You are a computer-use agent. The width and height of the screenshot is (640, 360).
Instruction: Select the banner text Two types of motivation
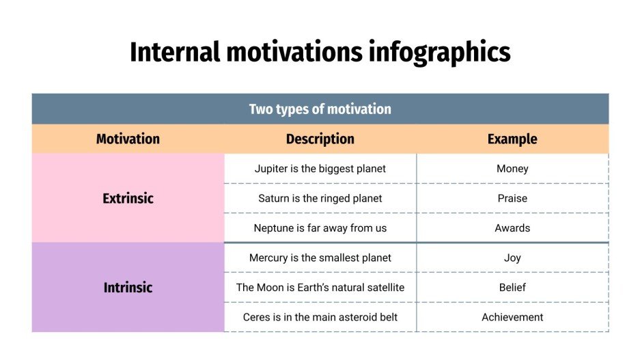(x=320, y=109)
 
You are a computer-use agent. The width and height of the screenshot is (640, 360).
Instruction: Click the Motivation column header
(x=128, y=139)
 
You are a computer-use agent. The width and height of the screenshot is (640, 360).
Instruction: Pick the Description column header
(x=320, y=139)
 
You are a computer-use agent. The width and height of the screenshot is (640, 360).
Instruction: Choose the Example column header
(x=512, y=139)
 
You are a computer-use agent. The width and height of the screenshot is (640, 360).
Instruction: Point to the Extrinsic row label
(x=128, y=199)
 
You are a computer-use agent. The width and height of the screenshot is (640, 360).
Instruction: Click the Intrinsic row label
(x=128, y=288)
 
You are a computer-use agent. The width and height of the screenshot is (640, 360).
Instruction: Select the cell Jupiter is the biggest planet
(x=320, y=169)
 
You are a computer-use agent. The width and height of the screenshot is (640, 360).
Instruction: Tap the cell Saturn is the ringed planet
(x=320, y=199)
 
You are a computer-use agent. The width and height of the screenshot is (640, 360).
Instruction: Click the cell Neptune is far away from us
(x=320, y=228)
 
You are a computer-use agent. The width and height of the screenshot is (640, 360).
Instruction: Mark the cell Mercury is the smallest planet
(x=320, y=258)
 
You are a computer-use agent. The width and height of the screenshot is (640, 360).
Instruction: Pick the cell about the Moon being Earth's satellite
(x=320, y=288)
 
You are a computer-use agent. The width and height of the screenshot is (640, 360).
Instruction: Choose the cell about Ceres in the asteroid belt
(x=320, y=317)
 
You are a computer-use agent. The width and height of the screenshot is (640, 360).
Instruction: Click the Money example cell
(x=512, y=169)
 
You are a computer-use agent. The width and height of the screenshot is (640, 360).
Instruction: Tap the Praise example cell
(x=512, y=199)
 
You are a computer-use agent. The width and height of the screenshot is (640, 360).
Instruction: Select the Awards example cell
(x=512, y=228)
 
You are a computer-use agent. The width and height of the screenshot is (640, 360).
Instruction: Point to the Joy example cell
(x=512, y=258)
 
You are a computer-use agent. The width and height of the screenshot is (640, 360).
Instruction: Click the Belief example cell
(x=512, y=288)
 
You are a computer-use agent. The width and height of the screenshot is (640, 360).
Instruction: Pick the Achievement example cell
(x=512, y=317)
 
